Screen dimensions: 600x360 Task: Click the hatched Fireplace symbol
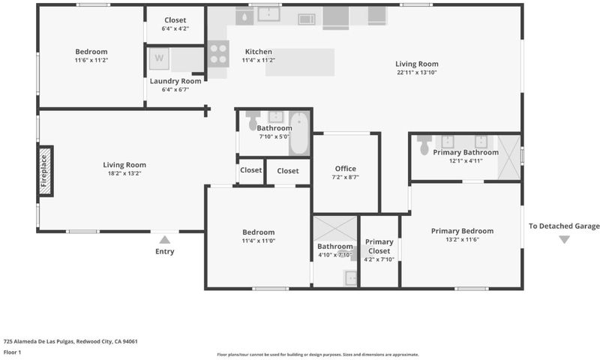45,171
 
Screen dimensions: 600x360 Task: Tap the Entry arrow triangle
164,240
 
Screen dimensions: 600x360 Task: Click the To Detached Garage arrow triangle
565,239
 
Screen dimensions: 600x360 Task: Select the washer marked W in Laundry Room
159,58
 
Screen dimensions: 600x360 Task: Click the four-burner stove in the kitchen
218,54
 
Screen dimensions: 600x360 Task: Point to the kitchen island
300,62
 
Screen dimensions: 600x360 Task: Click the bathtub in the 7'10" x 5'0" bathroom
299,133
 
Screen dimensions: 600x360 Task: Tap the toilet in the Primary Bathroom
424,145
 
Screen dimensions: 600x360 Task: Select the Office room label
346,169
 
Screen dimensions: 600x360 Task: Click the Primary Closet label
379,247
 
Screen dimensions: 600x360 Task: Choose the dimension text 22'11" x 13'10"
417,72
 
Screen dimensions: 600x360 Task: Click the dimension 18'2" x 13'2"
124,173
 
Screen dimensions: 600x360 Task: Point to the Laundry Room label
175,81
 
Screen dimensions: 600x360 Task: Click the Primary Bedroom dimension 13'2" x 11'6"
462,239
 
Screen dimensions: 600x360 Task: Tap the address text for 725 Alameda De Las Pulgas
70,342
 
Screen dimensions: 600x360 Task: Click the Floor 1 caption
12,352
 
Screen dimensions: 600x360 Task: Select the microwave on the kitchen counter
307,19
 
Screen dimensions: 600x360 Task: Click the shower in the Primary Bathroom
509,157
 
